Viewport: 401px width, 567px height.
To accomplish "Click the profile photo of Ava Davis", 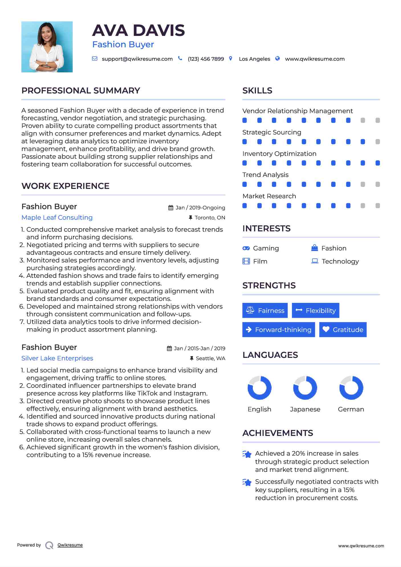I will tap(47, 47).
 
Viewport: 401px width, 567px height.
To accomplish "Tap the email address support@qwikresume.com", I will tap(137, 59).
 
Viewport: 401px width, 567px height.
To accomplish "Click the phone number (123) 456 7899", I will tap(206, 59).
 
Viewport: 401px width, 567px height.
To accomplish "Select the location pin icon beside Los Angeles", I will tap(231, 58).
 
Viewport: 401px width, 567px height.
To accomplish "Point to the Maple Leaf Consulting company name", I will tap(57, 218).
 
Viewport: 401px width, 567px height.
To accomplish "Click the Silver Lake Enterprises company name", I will tap(57, 358).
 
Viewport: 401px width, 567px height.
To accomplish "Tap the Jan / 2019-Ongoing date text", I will tap(200, 208).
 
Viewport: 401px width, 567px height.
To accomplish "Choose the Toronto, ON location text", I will tap(210, 218).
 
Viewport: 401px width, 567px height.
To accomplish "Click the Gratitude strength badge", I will tap(343, 330).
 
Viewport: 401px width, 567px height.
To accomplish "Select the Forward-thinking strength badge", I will tap(278, 330).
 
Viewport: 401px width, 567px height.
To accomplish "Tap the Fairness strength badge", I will tap(265, 311).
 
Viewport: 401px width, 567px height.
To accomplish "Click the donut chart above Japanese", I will tap(305, 388).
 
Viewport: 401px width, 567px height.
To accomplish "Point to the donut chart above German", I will tap(351, 388).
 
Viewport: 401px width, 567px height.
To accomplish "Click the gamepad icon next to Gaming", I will tap(246, 248).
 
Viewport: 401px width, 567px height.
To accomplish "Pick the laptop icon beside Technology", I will tap(315, 261).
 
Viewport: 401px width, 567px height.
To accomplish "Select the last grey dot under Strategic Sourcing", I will tap(378, 142).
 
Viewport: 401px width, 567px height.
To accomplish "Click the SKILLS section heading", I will tap(257, 91).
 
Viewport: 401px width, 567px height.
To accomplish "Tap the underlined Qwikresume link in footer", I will tap(70, 545).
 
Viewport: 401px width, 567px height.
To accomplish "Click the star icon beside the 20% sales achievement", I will tap(247, 454).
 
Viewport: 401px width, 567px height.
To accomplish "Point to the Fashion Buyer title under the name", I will tap(123, 44).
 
